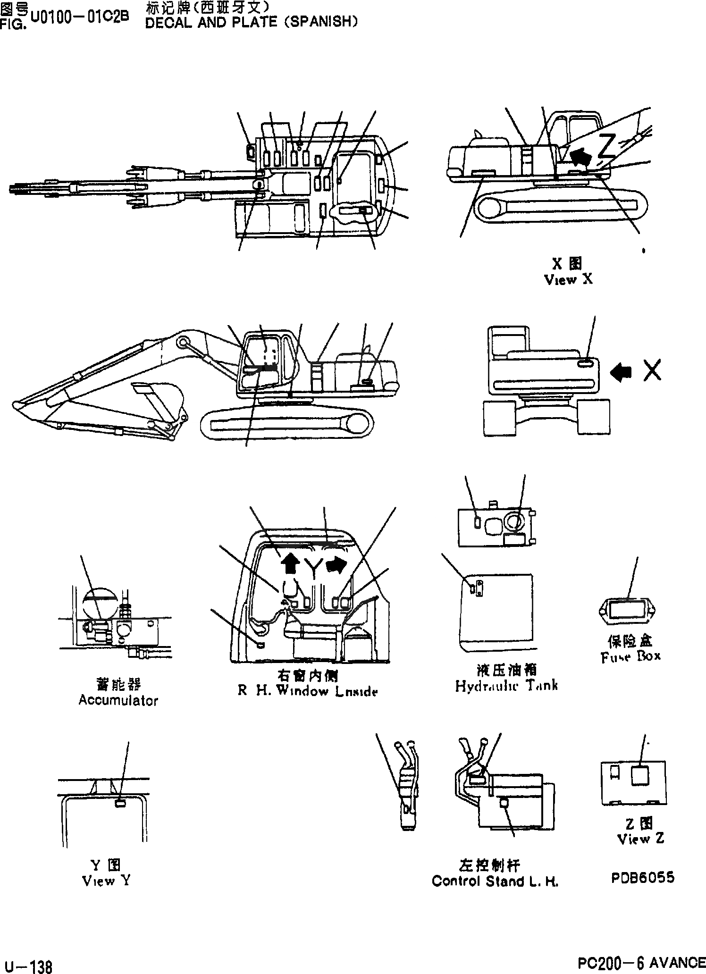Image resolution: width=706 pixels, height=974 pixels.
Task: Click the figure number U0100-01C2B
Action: [x=79, y=17]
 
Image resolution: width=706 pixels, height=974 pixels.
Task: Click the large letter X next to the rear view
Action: [x=652, y=370]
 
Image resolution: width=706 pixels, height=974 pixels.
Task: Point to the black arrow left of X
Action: [x=622, y=371]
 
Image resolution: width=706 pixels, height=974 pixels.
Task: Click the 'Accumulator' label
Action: [x=118, y=700]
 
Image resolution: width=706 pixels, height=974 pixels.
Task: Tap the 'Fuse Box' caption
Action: [x=631, y=656]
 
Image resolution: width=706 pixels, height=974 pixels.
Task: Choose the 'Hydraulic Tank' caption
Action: [x=506, y=686]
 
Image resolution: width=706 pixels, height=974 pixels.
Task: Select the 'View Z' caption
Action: [x=641, y=839]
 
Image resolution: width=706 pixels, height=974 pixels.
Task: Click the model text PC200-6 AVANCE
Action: [x=641, y=962]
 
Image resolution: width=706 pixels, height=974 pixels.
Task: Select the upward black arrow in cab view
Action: [x=290, y=563]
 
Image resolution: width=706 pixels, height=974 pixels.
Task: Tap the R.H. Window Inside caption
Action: [x=307, y=691]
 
